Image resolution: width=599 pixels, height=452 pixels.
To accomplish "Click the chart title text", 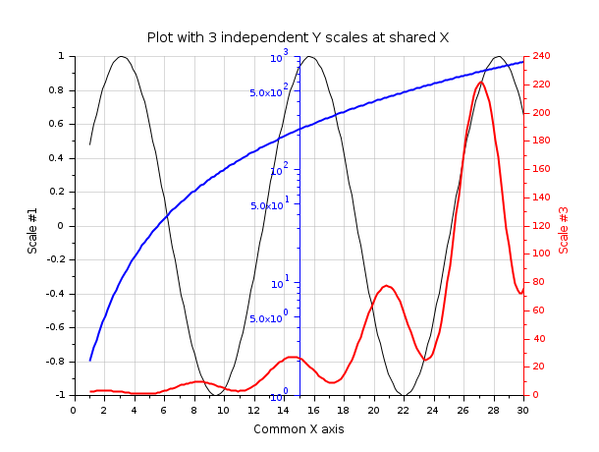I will (298, 37).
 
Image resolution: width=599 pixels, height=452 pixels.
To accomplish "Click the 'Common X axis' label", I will (299, 428).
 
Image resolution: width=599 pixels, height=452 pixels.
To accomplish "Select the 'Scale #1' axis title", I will (32, 231).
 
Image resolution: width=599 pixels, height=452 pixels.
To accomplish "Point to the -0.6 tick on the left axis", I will (57, 327).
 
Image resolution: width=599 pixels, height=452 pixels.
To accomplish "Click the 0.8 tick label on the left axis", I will (60, 90).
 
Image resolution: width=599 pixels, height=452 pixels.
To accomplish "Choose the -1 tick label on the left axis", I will (62, 395).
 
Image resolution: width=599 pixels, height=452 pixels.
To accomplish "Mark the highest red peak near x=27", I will (480, 83).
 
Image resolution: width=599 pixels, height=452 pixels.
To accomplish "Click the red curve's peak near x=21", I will (387, 286).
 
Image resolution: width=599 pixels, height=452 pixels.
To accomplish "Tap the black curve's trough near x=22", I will (404, 394).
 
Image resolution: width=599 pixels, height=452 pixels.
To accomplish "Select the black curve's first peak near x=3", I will (121, 56).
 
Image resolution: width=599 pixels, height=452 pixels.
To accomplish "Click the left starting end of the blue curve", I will (89, 361).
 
